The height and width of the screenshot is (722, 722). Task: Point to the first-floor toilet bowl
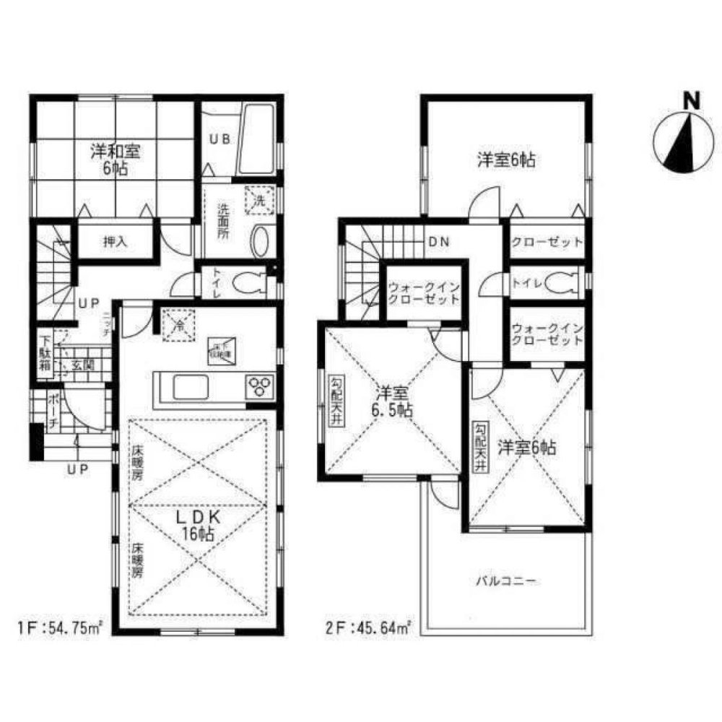[249, 282]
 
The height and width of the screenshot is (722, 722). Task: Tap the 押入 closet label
[115, 242]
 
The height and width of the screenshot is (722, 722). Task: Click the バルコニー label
[505, 581]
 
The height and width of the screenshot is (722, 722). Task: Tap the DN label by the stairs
[440, 243]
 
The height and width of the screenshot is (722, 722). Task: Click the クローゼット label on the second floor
[547, 243]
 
